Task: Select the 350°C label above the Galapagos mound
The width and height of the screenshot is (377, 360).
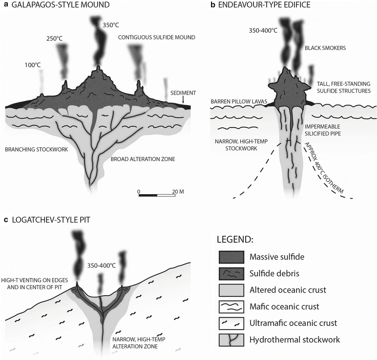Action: coord(111,25)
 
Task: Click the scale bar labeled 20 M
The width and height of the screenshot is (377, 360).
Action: coord(157,196)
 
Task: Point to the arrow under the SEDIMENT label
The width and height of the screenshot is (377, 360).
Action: coord(183,99)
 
